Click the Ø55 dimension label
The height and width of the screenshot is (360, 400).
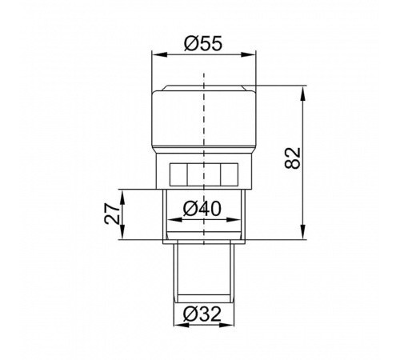coord(203,43)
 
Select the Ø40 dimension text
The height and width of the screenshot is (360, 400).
coord(202,209)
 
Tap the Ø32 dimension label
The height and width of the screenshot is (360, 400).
coord(202,314)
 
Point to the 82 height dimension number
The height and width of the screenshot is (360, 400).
coord(293,158)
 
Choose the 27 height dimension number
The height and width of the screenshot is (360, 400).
coord(112,214)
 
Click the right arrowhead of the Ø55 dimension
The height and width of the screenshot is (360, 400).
coord(249,54)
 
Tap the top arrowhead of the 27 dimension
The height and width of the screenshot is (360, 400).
coord(122,196)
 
